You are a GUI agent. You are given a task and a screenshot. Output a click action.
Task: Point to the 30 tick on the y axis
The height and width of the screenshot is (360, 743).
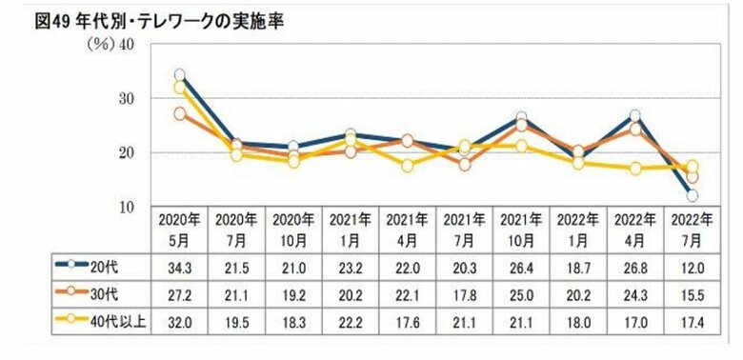point(126,98)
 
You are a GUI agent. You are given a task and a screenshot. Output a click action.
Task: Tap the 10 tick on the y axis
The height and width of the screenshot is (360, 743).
point(126,207)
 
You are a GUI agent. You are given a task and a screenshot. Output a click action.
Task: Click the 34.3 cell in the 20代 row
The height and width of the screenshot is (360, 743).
point(179,262)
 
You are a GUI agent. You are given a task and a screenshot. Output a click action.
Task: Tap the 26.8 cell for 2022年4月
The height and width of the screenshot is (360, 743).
point(634,262)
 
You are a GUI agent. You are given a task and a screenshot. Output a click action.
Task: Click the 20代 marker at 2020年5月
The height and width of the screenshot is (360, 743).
point(179,74)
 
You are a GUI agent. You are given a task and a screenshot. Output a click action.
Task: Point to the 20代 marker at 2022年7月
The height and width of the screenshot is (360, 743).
point(693,195)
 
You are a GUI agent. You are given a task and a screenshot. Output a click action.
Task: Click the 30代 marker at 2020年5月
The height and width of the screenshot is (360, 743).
point(179,113)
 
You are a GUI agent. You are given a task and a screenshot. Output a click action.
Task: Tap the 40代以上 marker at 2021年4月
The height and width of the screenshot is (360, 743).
point(407,166)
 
